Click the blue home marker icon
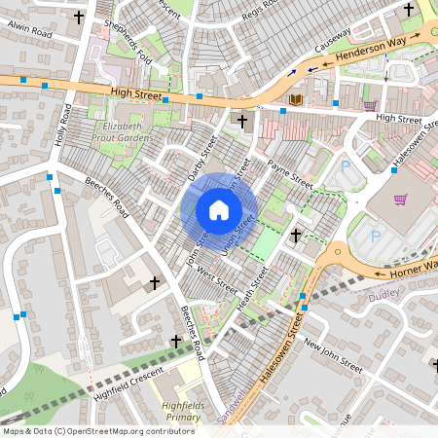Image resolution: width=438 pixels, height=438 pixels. click(x=219, y=209)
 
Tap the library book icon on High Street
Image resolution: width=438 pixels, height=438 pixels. click(x=297, y=99)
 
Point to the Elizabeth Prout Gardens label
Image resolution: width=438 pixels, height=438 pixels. click(x=122, y=132)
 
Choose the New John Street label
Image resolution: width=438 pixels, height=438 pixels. click(x=333, y=356)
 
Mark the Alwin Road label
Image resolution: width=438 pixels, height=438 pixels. click(x=28, y=31)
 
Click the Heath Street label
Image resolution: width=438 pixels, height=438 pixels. click(x=252, y=290)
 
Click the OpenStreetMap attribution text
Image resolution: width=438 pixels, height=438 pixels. click(x=98, y=430)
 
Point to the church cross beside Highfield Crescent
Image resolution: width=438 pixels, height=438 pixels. click(x=176, y=341)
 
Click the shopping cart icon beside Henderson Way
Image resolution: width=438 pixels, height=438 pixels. click(x=370, y=105)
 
